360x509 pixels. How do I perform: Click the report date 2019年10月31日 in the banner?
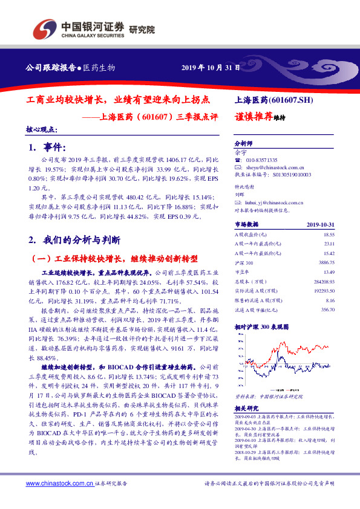coord(211,68)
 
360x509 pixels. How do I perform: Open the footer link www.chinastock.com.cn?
coord(59,484)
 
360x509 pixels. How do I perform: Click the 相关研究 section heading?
coord(246,409)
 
